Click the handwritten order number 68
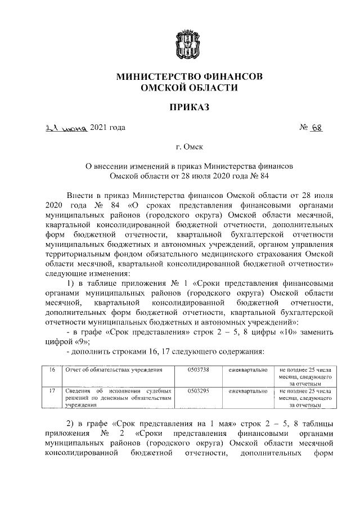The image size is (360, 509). click(319, 128)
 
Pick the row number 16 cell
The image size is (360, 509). click(37, 370)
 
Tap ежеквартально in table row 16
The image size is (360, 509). click(248, 370)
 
